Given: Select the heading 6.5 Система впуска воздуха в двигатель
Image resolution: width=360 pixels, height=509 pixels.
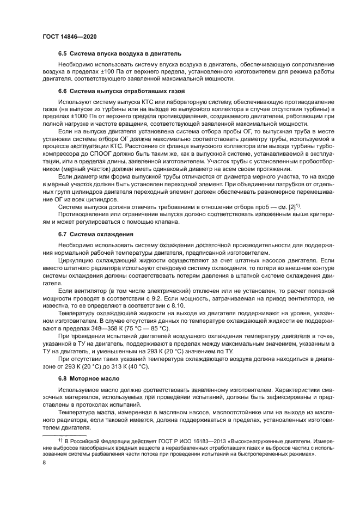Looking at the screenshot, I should point(119,53).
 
